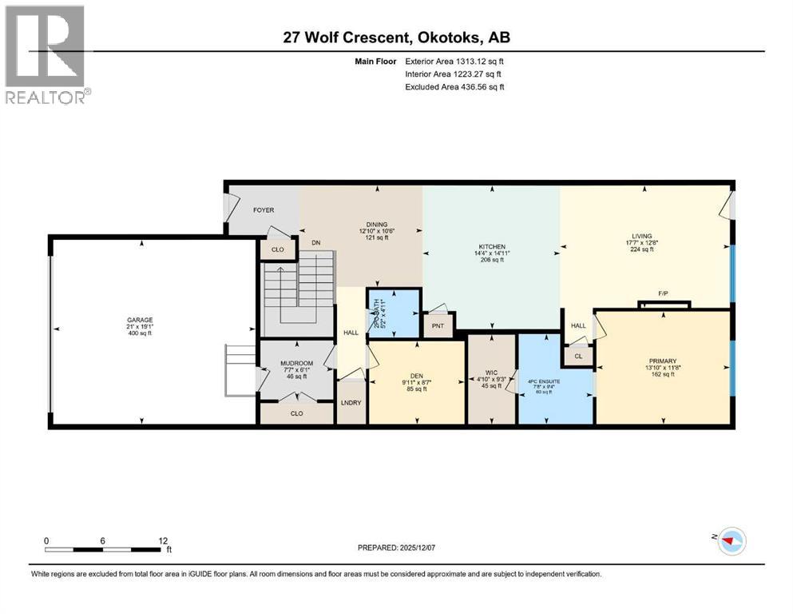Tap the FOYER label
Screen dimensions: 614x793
click(x=264, y=210)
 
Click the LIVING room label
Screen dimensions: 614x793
click(x=642, y=236)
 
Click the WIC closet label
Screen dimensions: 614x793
click(x=492, y=373)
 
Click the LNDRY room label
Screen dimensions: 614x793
click(x=351, y=402)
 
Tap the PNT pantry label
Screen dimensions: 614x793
click(x=438, y=326)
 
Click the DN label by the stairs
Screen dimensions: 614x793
click(x=315, y=242)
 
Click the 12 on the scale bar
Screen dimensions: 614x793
click(x=162, y=540)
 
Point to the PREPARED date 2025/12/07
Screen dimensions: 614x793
click(x=396, y=548)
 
